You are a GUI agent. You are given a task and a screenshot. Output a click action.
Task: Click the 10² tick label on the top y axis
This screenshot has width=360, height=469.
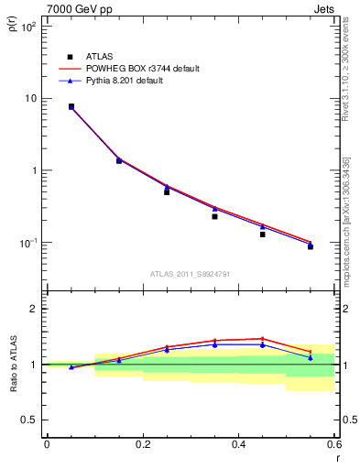pyautogui.click(x=28, y=27)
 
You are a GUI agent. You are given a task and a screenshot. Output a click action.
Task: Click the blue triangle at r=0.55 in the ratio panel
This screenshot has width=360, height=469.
pyautogui.click(x=311, y=357)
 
